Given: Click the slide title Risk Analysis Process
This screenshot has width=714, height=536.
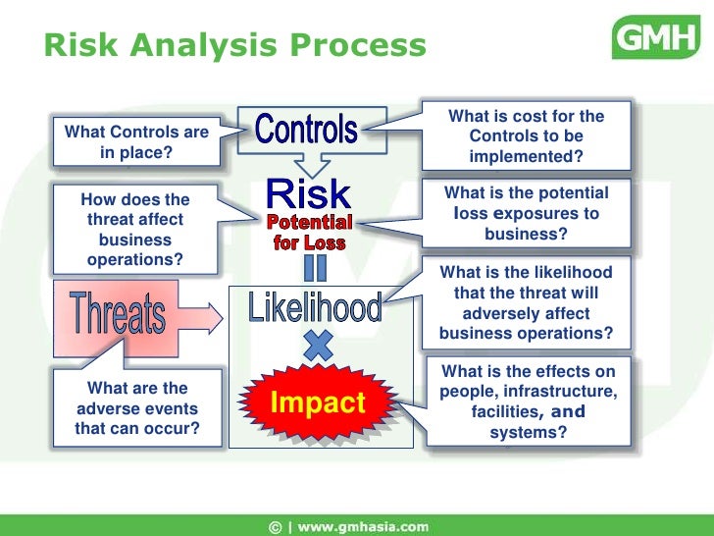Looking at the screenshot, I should [x=235, y=45].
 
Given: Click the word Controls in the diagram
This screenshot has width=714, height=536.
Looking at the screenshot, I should [x=306, y=129].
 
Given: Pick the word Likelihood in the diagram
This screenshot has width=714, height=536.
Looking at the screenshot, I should [x=314, y=309].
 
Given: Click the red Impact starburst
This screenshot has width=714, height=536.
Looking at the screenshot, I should [x=318, y=402].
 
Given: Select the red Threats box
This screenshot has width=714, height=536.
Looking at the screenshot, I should [x=117, y=315].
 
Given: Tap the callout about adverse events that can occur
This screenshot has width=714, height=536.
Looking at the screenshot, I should [x=136, y=408].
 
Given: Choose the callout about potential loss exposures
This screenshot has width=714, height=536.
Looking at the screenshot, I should [x=526, y=214].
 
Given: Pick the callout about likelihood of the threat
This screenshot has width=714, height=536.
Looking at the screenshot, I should [x=526, y=303].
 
